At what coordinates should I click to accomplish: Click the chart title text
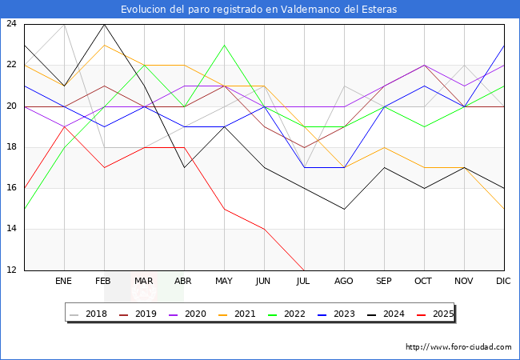click(x=259, y=10)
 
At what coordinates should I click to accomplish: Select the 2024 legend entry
click(x=389, y=314)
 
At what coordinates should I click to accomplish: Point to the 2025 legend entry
click(x=438, y=314)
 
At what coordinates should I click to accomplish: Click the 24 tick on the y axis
click(x=11, y=24)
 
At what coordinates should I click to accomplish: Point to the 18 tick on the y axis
click(x=11, y=147)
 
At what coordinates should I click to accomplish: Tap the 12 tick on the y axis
click(x=11, y=270)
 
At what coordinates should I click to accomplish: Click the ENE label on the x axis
click(x=64, y=282)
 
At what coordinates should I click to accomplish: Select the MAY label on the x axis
click(x=224, y=282)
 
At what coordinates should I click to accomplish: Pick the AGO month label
click(x=344, y=282)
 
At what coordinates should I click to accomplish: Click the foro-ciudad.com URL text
click(x=458, y=347)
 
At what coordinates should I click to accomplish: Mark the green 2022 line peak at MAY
click(x=224, y=45)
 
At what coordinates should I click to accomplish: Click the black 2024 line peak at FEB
click(x=104, y=24)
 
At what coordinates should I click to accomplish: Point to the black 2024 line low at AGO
click(x=344, y=209)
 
